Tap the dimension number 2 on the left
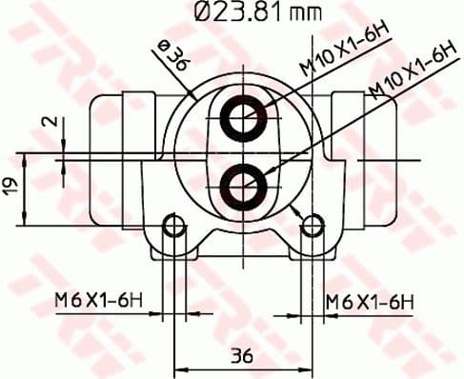coord(55,121)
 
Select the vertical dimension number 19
coord(10,187)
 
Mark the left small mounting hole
coord(172,226)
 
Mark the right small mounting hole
coord(311,226)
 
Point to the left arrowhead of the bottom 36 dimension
coord(177,371)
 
